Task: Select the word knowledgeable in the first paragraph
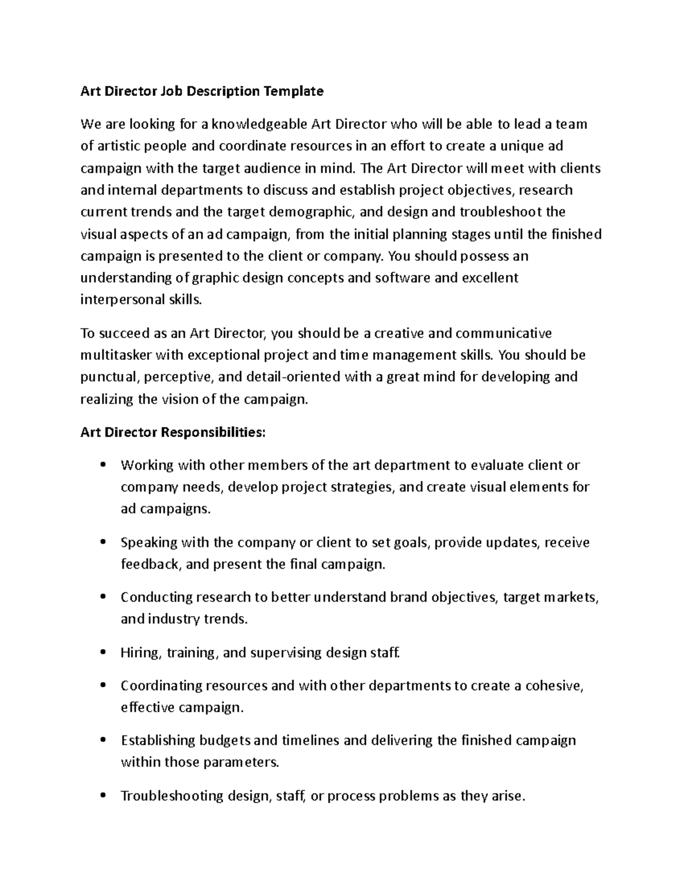click(x=262, y=124)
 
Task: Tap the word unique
click(x=522, y=146)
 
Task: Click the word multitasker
click(x=116, y=356)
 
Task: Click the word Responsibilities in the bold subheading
click(x=213, y=433)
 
